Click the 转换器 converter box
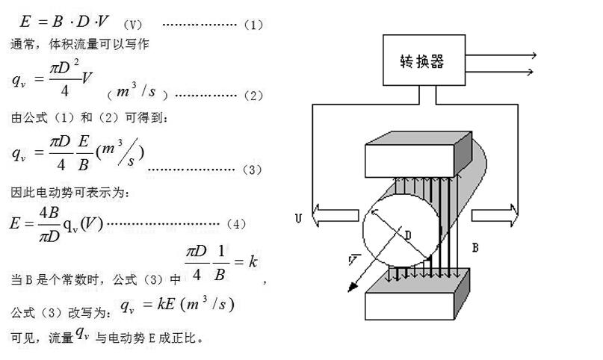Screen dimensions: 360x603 tap(423, 60)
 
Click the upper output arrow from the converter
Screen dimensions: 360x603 tap(501, 55)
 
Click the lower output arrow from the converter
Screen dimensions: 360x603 tap(501, 72)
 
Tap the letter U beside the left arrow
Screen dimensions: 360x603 tap(299, 219)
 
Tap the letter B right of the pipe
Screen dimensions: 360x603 tap(476, 246)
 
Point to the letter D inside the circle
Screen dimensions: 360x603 tap(408, 235)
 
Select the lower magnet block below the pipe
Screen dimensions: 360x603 tap(416, 294)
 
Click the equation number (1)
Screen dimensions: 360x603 tap(254, 25)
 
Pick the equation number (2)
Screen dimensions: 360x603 tap(254, 96)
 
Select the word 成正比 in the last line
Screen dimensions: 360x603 tap(183, 338)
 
